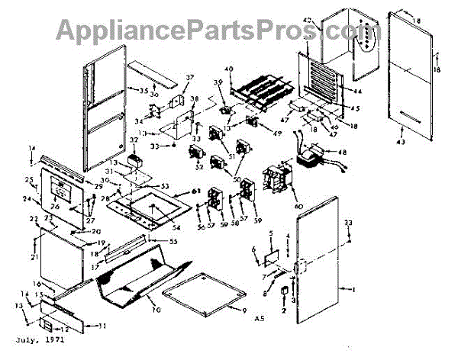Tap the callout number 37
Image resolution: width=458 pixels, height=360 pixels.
pos(189,78)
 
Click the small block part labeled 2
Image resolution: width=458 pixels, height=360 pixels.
pos(284,291)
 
